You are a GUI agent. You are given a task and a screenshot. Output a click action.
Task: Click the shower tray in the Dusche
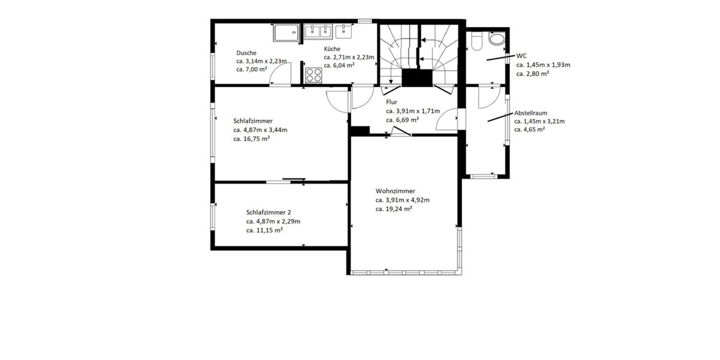[286, 32]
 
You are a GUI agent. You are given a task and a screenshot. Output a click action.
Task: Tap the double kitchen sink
[318, 31]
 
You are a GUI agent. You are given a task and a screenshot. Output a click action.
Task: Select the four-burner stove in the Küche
[313, 75]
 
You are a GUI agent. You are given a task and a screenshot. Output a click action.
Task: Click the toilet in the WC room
[476, 42]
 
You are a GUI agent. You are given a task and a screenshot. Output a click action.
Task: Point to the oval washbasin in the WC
[497, 38]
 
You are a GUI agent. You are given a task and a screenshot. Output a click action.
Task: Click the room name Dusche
[246, 53]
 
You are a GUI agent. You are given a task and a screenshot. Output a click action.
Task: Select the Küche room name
[332, 49]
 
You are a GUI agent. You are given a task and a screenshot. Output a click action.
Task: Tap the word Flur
[391, 102]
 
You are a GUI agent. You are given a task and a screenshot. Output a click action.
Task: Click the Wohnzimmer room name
[395, 191]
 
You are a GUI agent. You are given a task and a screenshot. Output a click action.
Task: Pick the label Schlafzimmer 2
[268, 212]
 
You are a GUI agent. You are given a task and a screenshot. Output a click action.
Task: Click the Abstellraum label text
[530, 113]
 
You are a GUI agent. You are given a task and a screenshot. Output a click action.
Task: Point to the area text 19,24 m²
[399, 209]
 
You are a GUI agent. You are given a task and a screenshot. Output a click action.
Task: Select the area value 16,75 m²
[257, 139]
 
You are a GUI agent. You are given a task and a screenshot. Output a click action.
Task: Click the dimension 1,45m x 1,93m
[548, 65]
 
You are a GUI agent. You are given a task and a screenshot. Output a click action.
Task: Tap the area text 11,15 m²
[269, 230]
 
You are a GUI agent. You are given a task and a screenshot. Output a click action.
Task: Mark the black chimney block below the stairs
[417, 78]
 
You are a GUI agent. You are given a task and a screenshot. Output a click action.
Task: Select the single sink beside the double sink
[343, 31]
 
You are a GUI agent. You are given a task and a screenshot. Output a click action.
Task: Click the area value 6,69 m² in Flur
[407, 120]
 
